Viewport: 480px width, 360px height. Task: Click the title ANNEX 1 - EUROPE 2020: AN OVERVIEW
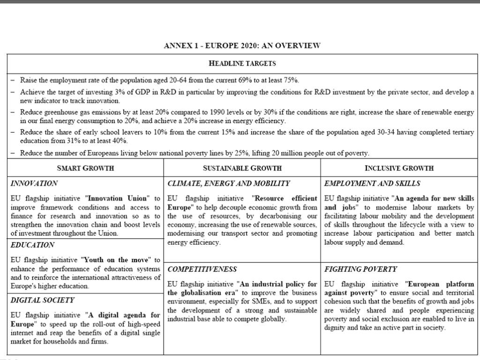pyautogui.click(x=242, y=45)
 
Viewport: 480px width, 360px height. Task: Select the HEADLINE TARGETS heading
pyautogui.click(x=242, y=63)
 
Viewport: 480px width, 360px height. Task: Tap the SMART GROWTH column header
pyautogui.click(x=85, y=168)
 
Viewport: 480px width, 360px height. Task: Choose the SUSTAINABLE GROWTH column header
pyautogui.click(x=242, y=168)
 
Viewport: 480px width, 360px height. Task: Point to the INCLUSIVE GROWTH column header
pyautogui.click(x=399, y=168)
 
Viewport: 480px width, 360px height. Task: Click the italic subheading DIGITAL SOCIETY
pyautogui.click(x=43, y=300)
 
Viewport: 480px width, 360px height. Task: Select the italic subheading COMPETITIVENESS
pyautogui.click(x=202, y=270)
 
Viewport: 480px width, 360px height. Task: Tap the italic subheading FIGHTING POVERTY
pyautogui.click(x=360, y=270)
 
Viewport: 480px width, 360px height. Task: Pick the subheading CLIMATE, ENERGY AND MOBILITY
pyautogui.click(x=229, y=183)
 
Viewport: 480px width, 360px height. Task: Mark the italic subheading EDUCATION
pyautogui.click(x=32, y=245)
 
